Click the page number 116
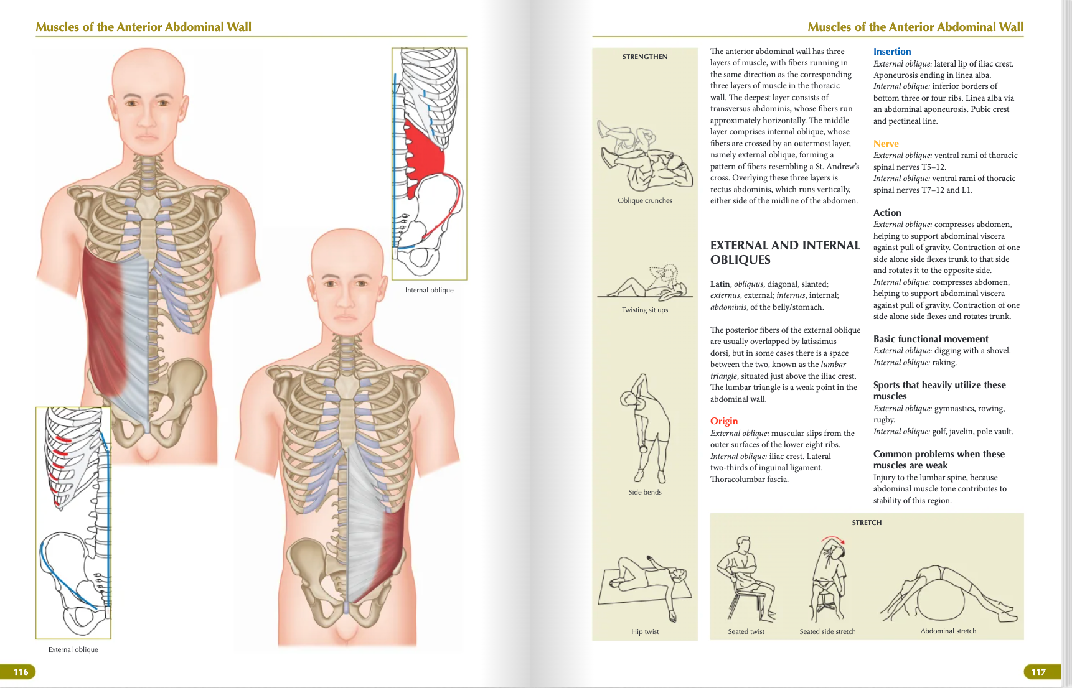21,672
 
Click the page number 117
1038,672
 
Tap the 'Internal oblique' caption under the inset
429,290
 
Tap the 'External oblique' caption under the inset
73,649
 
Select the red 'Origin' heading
723,421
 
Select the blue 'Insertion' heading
891,52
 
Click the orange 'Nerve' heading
885,144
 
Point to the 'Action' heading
886,213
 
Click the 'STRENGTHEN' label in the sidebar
644,57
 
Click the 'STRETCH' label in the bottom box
867,523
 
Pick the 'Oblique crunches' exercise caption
644,200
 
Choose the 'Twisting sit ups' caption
644,310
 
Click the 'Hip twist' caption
644,631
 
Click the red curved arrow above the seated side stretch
832,538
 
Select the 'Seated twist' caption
746,631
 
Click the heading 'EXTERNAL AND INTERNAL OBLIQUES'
784,253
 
